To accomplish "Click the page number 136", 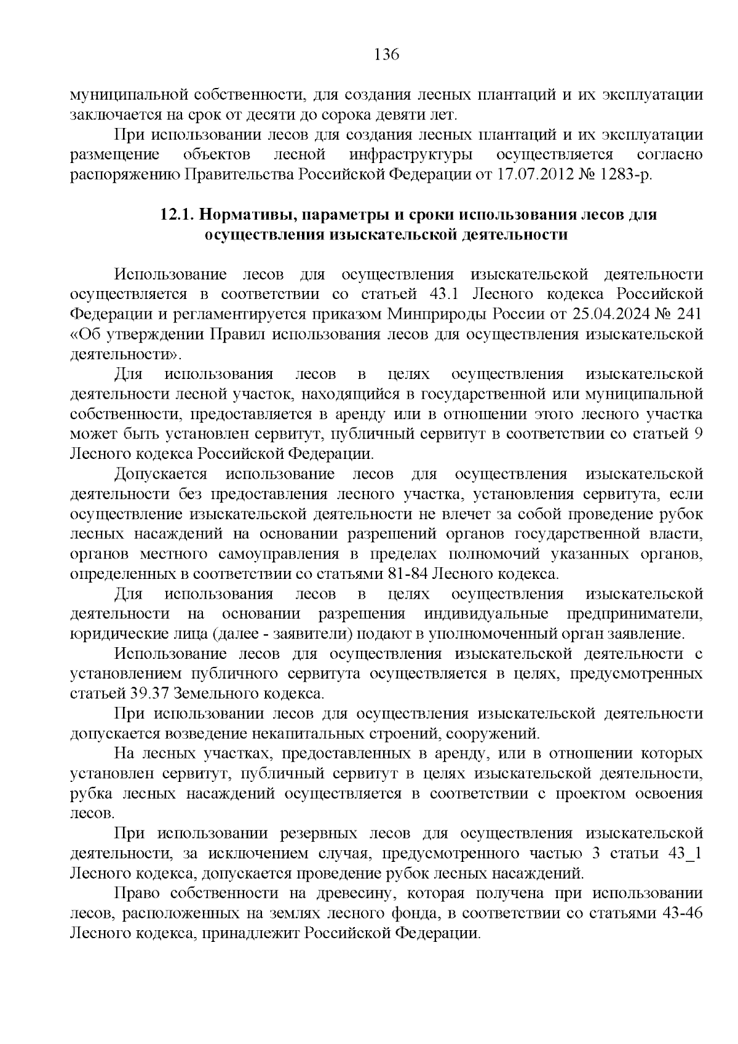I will click(387, 55).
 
